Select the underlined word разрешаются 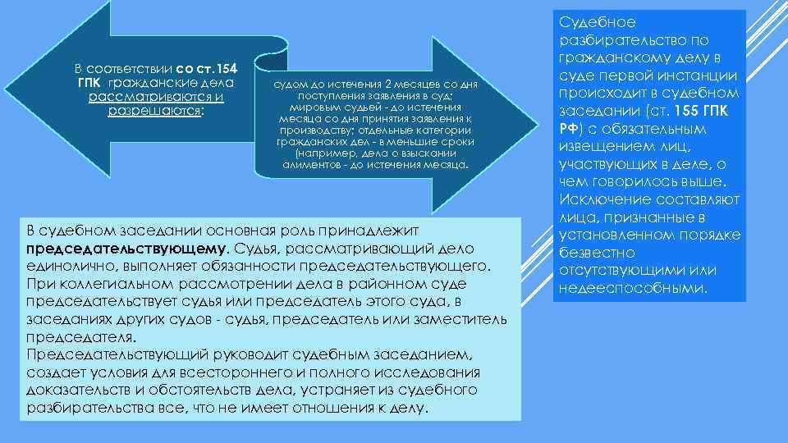click(x=154, y=112)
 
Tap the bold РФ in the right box click(x=567, y=129)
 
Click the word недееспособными click(x=631, y=288)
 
